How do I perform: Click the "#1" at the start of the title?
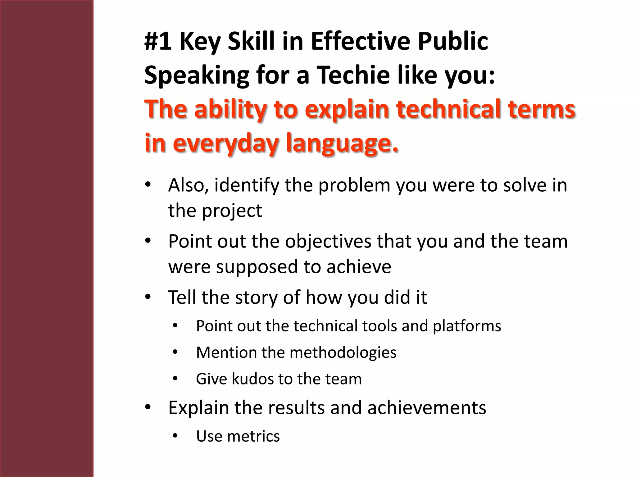[x=158, y=41]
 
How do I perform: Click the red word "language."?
[x=342, y=143]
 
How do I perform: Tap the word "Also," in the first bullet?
[x=188, y=185]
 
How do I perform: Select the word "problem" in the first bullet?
[x=354, y=185]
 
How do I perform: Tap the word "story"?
[x=256, y=298]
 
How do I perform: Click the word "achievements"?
[x=427, y=408]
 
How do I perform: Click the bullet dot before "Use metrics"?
[x=175, y=436]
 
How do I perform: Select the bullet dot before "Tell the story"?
[x=148, y=297]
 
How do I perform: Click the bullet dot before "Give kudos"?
[x=175, y=379]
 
